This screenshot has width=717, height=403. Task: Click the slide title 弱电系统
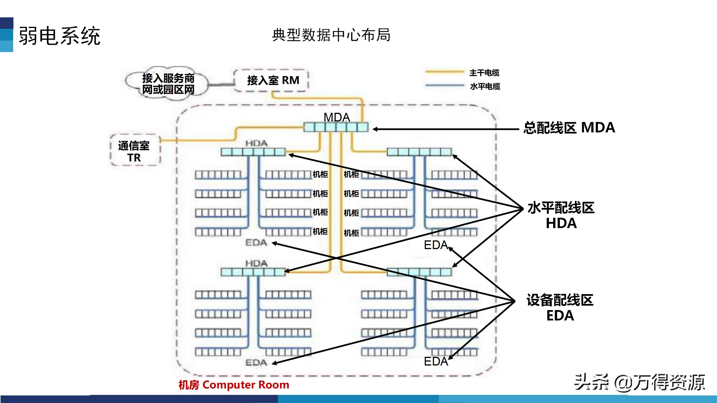pos(59,36)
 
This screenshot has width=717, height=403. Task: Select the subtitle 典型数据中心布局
pos(331,35)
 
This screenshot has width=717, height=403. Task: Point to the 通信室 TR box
pos(134,151)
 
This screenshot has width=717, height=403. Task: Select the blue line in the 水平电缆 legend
pos(444,85)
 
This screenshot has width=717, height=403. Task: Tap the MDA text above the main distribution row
pos(337,117)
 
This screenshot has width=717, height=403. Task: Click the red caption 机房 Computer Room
pos(234,385)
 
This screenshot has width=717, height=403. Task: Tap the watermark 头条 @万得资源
pos(639,382)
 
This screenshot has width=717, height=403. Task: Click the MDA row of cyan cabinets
pos(336,127)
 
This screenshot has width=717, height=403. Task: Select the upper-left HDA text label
pos(256,143)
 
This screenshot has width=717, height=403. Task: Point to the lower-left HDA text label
pos(256,263)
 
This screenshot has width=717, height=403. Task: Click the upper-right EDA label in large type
pos(436,245)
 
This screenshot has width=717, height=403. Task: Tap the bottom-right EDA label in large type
pos(436,362)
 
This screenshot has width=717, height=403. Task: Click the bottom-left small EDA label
pos(256,363)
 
